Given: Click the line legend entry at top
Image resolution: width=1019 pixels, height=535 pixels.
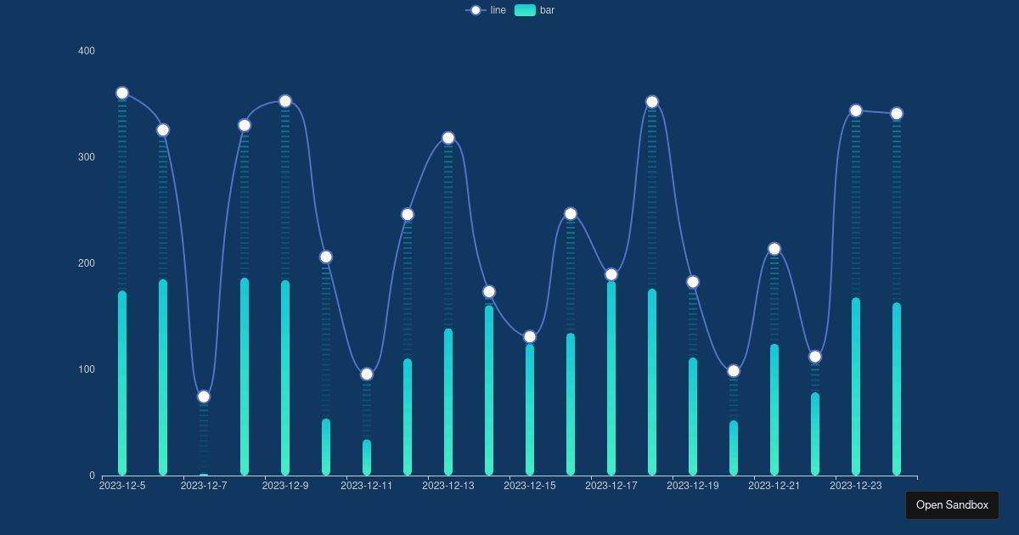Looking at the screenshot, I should click(487, 10).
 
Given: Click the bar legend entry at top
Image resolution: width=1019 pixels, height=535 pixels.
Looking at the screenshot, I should click(535, 10).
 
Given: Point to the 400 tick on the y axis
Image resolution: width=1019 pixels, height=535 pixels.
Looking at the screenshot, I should click(87, 51).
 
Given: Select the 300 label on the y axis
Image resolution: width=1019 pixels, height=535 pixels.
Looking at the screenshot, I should click(87, 157).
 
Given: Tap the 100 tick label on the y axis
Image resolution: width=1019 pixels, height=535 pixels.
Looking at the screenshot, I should click(87, 369).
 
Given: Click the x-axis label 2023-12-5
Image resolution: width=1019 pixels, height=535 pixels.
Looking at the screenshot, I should click(122, 486).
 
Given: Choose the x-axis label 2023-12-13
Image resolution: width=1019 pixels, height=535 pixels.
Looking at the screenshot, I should click(448, 486).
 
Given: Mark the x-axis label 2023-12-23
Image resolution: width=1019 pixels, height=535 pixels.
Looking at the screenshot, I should click(856, 486).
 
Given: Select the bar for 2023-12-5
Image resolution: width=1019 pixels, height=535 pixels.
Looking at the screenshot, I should click(122, 383).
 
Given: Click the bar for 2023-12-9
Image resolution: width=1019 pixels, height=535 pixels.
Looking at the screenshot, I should click(285, 378).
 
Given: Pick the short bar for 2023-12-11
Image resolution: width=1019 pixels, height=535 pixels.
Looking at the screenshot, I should click(367, 458).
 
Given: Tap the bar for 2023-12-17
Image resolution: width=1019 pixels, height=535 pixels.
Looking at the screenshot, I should click(611, 378).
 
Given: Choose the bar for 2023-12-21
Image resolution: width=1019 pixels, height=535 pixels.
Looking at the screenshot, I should click(774, 409).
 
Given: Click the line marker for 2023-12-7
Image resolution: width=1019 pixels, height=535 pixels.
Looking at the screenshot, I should click(204, 397).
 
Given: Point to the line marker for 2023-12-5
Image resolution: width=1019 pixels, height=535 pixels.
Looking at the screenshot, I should click(122, 93).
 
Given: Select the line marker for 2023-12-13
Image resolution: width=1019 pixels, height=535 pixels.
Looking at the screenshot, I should click(448, 138).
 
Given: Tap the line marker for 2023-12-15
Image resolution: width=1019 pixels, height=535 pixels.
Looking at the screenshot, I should click(530, 337).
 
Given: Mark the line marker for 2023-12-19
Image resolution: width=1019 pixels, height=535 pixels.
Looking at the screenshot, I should click(693, 282).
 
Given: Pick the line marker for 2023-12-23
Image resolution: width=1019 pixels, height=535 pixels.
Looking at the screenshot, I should click(856, 110).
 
